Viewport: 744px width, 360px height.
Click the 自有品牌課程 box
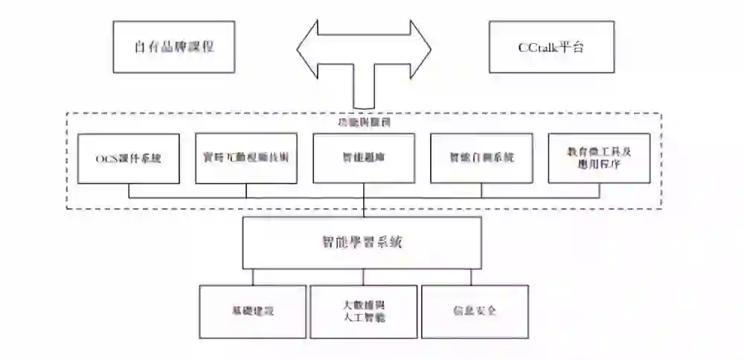tap(174, 46)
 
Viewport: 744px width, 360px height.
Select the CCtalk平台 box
tap(551, 46)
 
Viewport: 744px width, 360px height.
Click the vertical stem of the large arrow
tap(364, 89)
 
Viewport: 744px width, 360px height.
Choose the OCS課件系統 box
tap(129, 158)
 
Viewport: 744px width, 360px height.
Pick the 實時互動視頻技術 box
tap(246, 158)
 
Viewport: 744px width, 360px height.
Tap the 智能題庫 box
tap(364, 158)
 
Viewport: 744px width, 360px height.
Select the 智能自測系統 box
tap(481, 158)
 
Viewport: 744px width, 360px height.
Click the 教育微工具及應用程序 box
tap(599, 158)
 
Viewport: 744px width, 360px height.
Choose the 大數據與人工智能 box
tap(363, 312)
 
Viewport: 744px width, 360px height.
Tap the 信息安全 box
tap(475, 312)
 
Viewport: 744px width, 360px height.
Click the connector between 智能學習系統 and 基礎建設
tap(253, 277)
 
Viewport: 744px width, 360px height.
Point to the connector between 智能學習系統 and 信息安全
tap(474, 277)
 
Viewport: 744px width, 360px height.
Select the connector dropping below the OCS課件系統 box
tap(129, 190)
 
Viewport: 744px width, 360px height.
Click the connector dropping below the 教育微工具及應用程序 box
tap(599, 190)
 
